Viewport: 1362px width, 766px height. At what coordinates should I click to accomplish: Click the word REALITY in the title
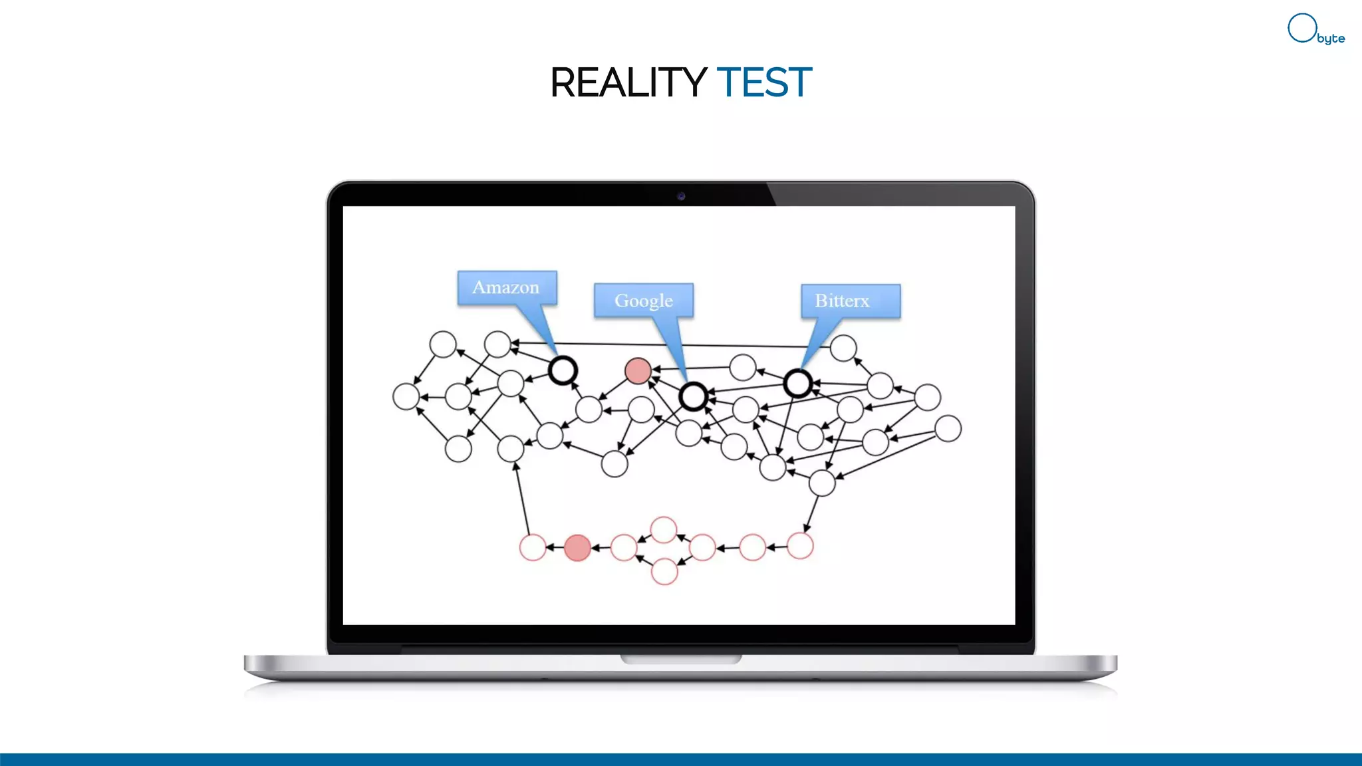628,82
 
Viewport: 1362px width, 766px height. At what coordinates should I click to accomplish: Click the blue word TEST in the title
764,82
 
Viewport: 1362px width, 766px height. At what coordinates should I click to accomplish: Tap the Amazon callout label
506,287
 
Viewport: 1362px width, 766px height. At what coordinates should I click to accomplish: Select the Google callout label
643,301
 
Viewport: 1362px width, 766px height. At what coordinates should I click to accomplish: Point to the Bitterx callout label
850,301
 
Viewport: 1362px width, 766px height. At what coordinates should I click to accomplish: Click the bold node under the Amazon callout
563,370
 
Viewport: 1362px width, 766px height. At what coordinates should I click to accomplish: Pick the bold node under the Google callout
693,397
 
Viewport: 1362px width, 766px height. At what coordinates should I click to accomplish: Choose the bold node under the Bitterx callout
797,384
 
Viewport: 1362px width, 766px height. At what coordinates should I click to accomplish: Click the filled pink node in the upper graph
638,371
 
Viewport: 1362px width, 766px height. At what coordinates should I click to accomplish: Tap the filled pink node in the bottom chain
577,548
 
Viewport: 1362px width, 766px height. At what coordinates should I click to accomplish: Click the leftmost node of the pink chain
533,548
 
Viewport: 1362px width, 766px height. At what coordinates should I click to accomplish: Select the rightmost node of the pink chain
800,546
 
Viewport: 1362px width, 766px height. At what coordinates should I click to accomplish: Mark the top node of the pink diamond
664,530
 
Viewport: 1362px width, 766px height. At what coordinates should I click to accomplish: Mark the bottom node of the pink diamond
664,572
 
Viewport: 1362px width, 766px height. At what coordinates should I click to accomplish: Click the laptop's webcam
681,196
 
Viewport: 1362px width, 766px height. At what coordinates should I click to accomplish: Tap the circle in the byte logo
1301,28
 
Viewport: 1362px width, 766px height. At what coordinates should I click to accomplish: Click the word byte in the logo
1331,39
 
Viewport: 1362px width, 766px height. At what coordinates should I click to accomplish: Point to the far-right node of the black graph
948,429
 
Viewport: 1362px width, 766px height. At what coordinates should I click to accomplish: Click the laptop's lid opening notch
681,659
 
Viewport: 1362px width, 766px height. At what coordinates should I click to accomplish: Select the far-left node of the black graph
406,397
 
